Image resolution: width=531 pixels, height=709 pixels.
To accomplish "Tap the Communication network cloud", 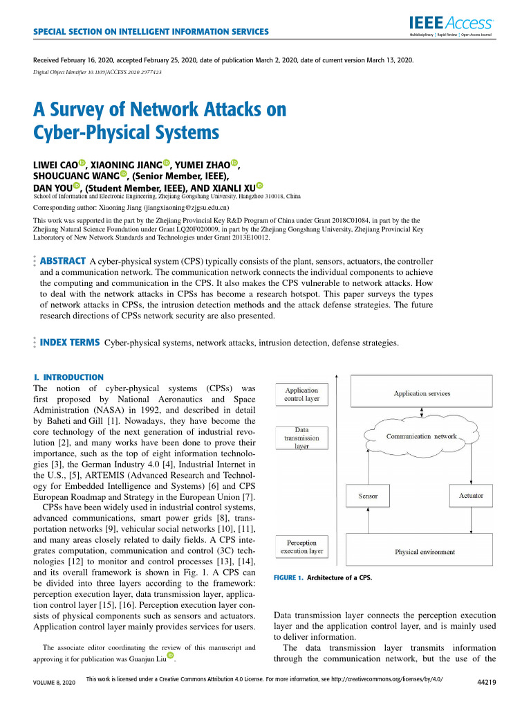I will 421,436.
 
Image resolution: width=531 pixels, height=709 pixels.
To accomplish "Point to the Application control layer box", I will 301,395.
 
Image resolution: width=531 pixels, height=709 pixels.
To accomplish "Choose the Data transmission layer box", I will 301,438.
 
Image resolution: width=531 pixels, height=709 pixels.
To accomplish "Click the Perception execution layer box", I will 301,547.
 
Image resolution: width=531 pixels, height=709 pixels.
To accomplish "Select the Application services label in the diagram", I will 422,394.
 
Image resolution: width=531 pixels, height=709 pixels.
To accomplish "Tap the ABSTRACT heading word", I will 63,261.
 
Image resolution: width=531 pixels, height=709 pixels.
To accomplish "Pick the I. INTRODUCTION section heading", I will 68,377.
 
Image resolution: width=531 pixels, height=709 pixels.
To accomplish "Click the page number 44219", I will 488,682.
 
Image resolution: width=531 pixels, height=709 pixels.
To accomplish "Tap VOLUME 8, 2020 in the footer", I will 50,682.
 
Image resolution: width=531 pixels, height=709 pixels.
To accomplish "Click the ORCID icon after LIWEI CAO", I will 82,163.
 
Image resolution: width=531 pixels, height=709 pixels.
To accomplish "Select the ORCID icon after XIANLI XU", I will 259,186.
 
